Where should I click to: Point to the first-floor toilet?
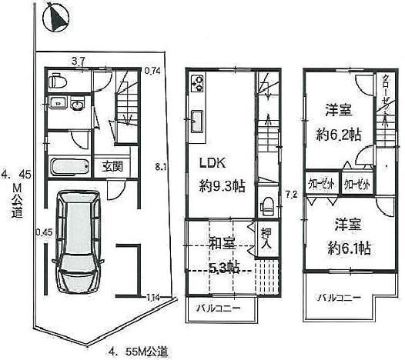56,80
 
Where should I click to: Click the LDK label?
213,163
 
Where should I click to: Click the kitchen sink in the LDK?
196,121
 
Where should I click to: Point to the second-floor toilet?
266,204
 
